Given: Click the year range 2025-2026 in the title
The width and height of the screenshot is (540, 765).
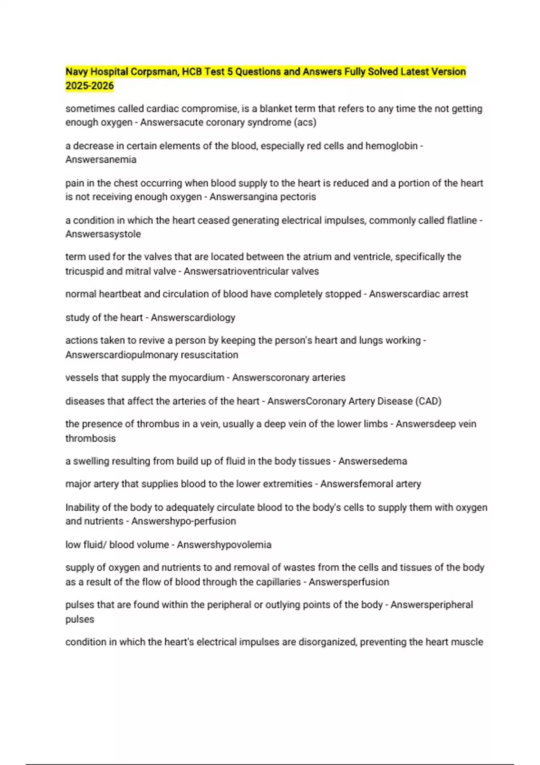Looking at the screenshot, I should [90, 86].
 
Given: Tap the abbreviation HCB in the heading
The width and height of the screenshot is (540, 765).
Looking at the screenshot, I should [192, 72].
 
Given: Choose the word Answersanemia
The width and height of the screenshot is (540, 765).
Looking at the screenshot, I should [101, 160].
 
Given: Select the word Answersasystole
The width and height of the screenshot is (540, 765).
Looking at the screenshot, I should [103, 234].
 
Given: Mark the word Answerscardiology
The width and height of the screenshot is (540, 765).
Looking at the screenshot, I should [193, 318].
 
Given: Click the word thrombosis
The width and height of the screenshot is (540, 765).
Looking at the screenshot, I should [90, 438].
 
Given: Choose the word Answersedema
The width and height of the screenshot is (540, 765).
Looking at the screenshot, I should [373, 461].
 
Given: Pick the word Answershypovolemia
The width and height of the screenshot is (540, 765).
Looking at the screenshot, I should [224, 545].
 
